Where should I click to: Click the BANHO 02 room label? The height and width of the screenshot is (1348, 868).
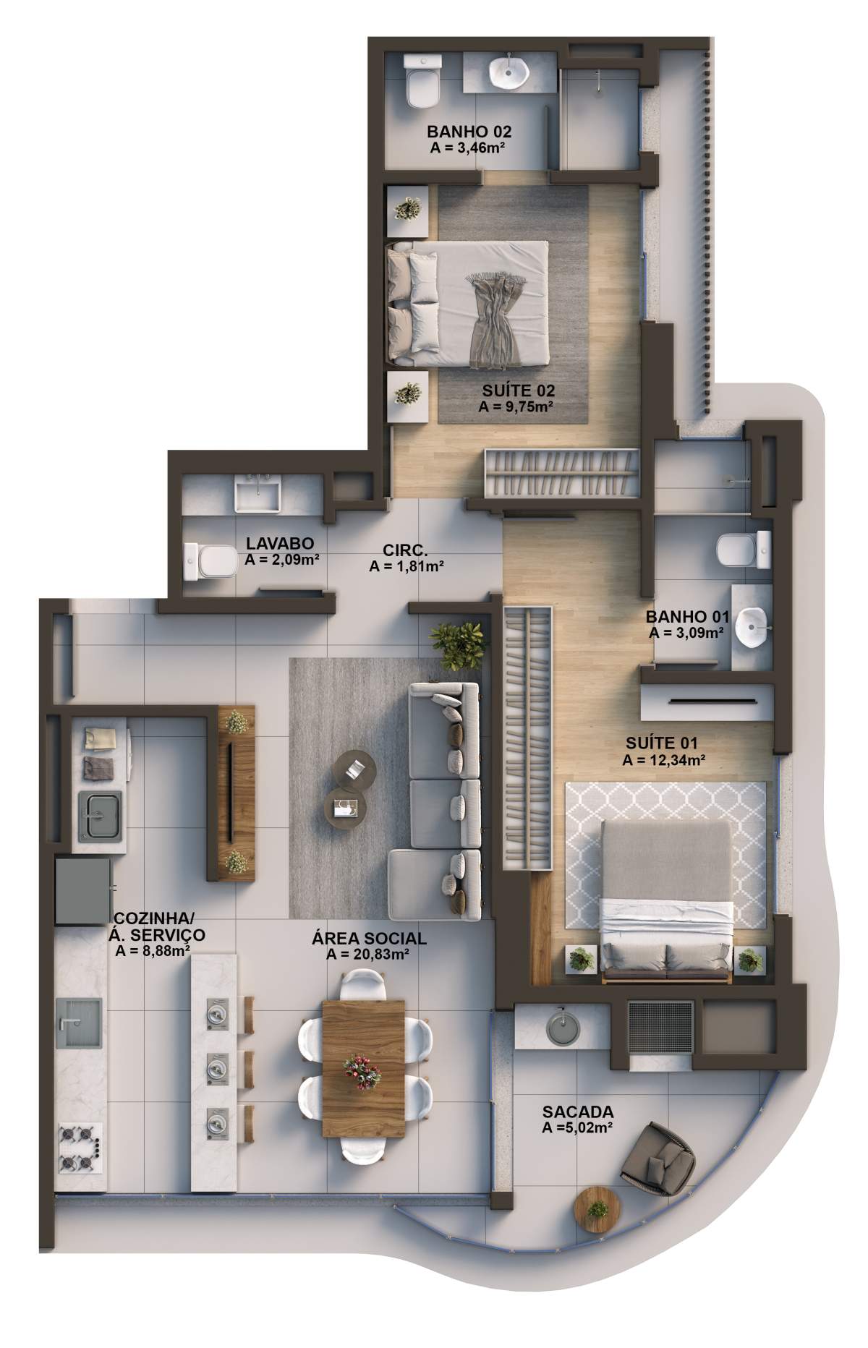(x=469, y=132)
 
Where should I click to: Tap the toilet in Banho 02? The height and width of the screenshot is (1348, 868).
(x=422, y=84)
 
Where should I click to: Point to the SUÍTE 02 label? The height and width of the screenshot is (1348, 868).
(x=519, y=391)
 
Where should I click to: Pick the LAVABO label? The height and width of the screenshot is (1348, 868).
(x=279, y=543)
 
